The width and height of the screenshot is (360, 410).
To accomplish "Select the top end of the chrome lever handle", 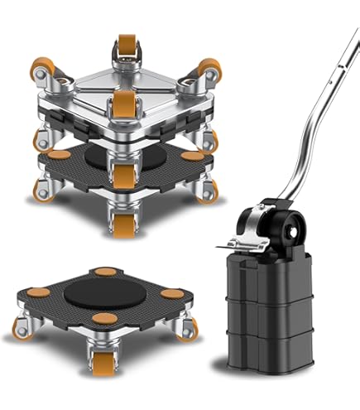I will tap(353, 12).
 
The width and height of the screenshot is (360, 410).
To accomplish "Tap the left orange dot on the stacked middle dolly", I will tap(59, 154).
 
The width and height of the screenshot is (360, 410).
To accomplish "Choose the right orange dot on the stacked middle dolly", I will tap(193, 154).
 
